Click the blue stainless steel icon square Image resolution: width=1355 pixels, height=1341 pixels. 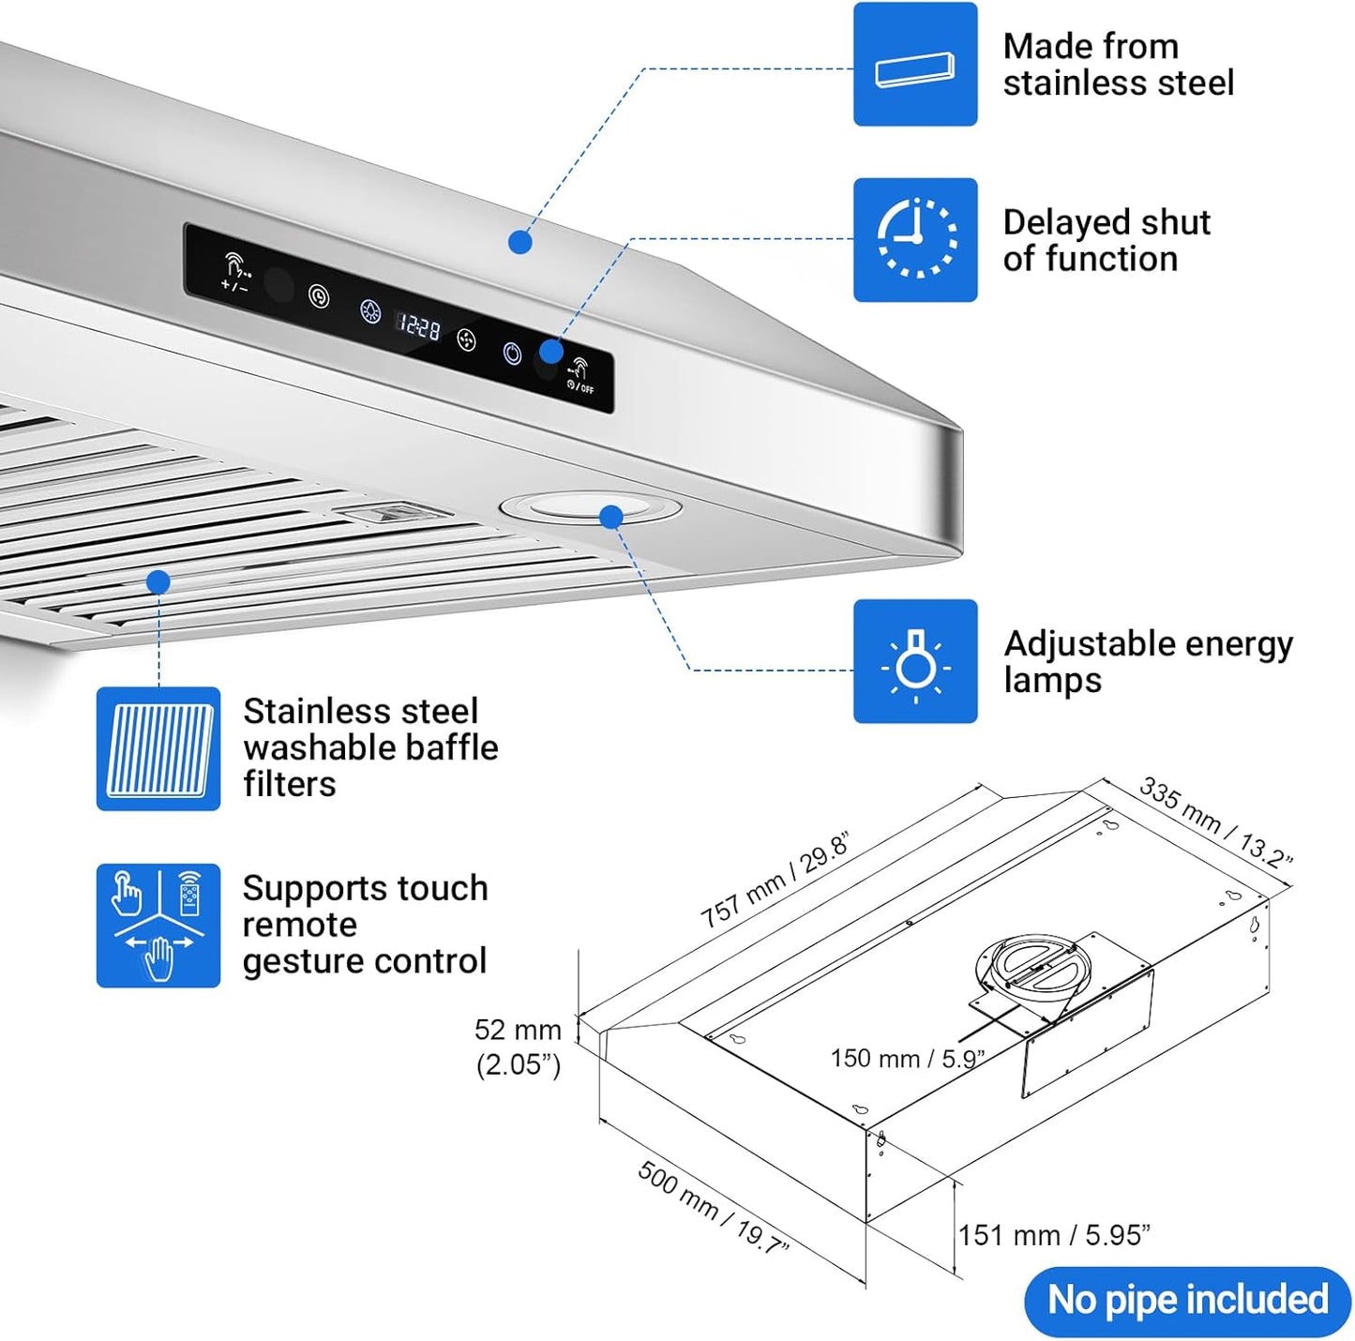click(x=914, y=64)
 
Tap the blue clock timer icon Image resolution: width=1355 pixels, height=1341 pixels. click(x=914, y=239)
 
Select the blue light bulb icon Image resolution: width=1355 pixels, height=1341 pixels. click(x=914, y=661)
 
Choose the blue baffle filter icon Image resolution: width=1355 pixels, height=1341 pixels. click(x=158, y=748)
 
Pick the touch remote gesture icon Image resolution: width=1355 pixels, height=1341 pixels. click(x=158, y=925)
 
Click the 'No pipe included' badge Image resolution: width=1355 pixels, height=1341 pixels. click(x=1187, y=1301)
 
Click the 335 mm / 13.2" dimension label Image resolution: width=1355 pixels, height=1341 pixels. click(x=1215, y=821)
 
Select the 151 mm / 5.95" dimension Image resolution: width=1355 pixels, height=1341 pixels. click(x=1053, y=1235)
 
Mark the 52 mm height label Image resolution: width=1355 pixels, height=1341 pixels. click(x=518, y=1030)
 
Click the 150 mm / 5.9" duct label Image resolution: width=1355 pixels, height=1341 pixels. click(x=906, y=1059)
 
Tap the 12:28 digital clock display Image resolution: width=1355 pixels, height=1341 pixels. click(x=419, y=326)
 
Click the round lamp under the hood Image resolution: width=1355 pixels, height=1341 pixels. click(x=591, y=509)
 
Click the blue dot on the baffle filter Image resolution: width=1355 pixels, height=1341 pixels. click(x=158, y=582)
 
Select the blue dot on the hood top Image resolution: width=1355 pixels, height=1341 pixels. click(x=520, y=242)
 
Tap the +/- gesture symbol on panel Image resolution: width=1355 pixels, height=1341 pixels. click(x=234, y=272)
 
